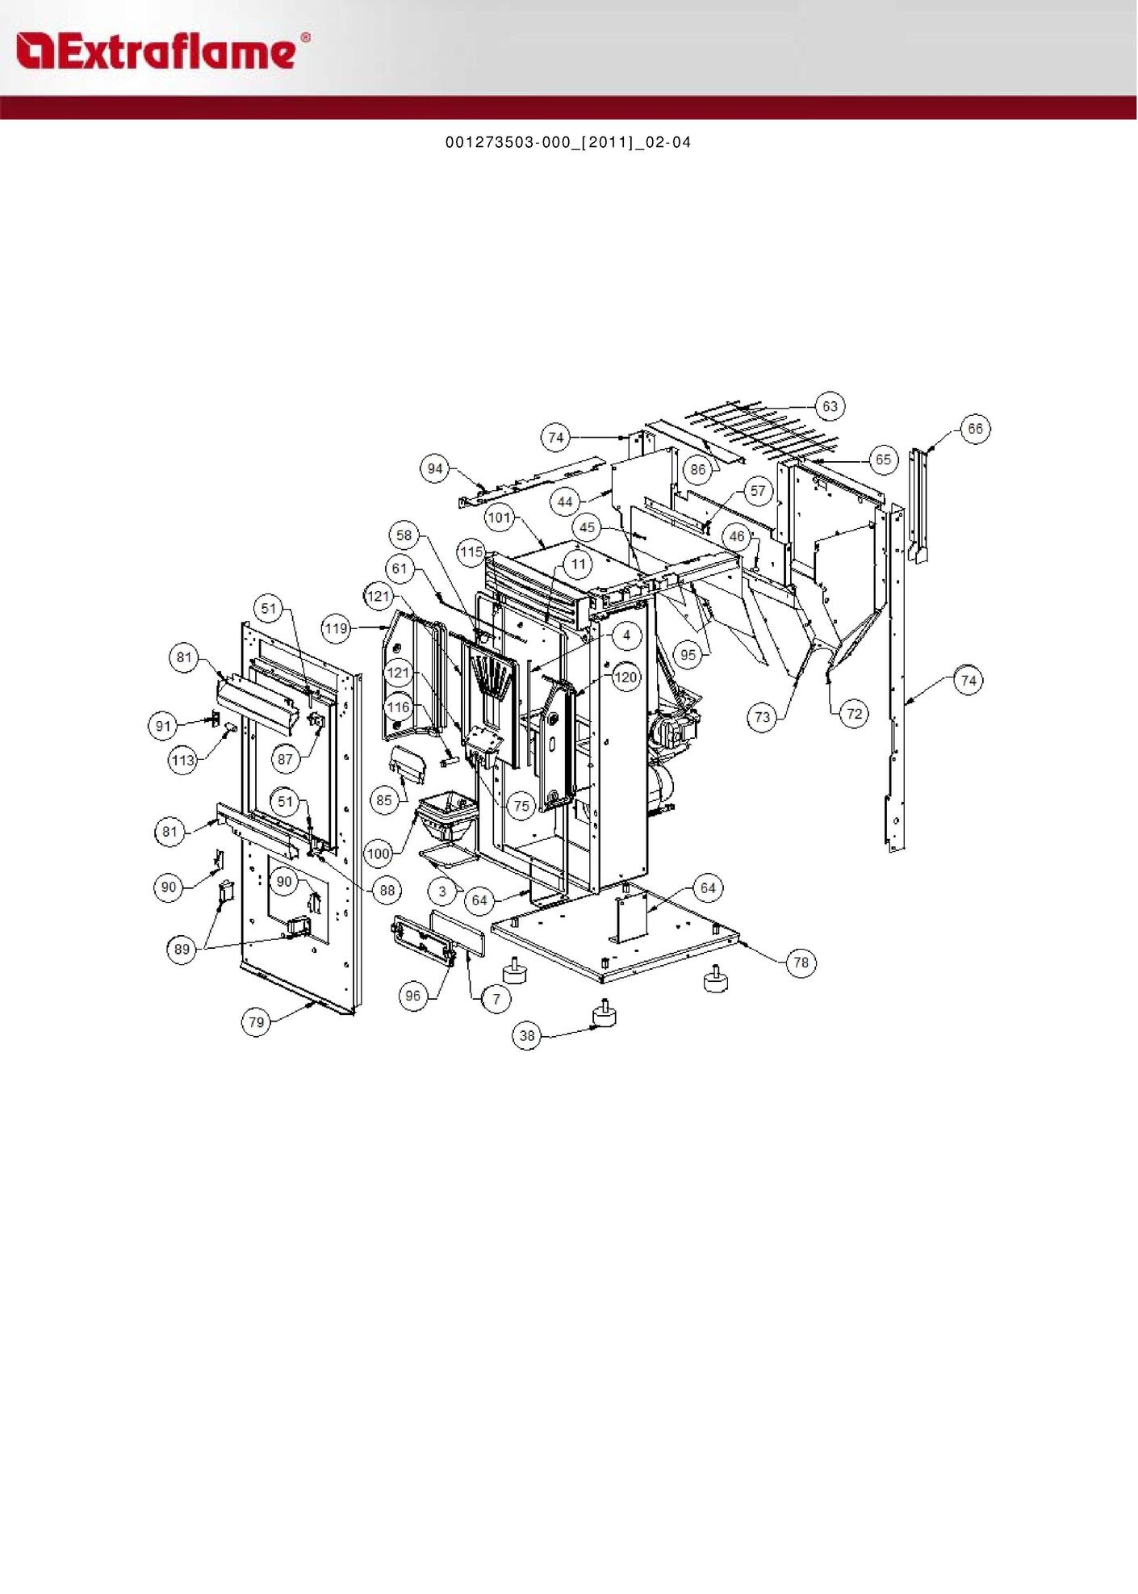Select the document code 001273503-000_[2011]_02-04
(568, 143)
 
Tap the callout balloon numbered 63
(830, 406)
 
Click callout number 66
(976, 429)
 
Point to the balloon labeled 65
(884, 459)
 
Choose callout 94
(435, 468)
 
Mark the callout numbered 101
(500, 518)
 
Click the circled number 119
(336, 628)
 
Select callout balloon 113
(183, 760)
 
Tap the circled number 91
(164, 726)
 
